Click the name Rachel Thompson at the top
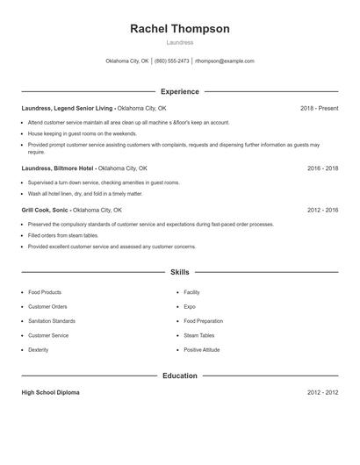[x=180, y=29]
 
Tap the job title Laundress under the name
[x=180, y=42]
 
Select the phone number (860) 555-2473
[x=172, y=61]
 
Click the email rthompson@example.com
[x=225, y=61]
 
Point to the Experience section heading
[x=180, y=91]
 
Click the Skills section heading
[x=180, y=273]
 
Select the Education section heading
[x=180, y=376]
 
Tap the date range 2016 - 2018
[x=322, y=168]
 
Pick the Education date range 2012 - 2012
[x=322, y=392]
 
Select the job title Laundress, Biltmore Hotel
[x=57, y=168]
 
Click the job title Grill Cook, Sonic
[x=46, y=211]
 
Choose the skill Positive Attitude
[x=203, y=350]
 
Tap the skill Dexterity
[x=39, y=350]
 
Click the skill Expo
[x=190, y=307]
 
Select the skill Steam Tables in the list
[x=199, y=335]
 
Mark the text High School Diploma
[x=51, y=392]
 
